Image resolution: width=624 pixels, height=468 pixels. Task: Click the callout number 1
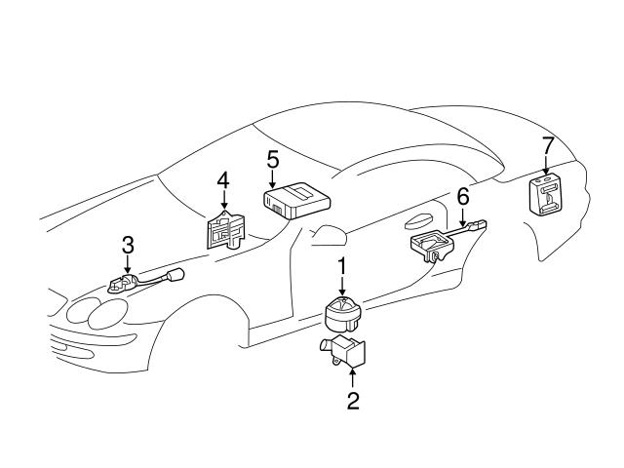click(342, 265)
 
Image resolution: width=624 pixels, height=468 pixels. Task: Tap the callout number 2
click(353, 400)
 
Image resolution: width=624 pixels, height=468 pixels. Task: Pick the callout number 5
click(273, 158)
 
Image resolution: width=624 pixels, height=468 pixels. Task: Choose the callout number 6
click(462, 197)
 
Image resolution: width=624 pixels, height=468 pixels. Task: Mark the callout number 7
click(548, 145)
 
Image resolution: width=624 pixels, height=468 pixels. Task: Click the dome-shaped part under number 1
click(342, 314)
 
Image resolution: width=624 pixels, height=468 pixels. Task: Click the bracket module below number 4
click(226, 230)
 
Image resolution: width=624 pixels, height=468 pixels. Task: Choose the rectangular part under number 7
click(548, 195)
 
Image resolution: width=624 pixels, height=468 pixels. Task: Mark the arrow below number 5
click(273, 179)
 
